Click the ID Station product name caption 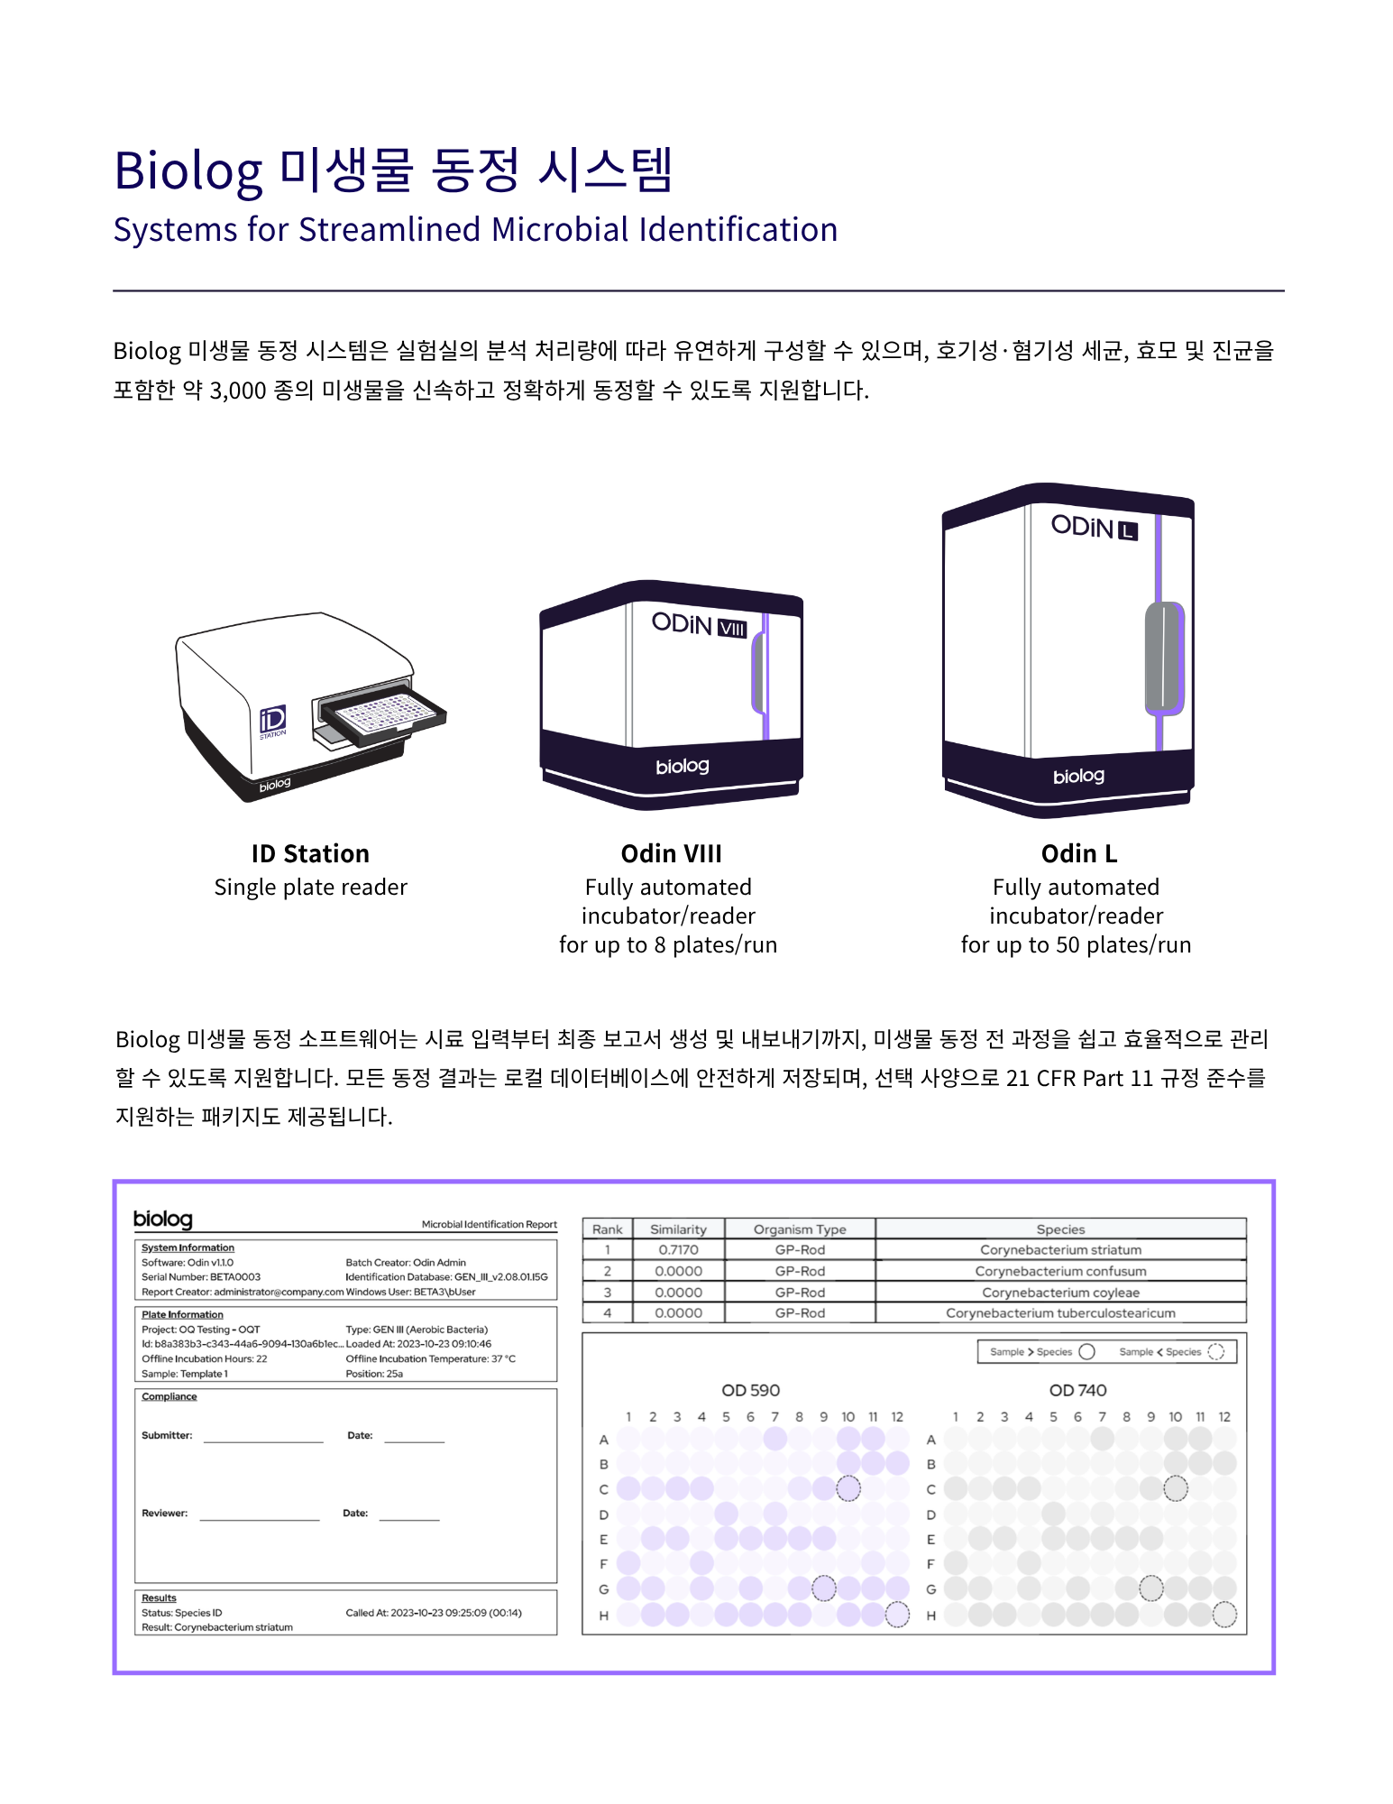pos(310,853)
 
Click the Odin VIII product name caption pos(671,853)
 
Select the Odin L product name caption pos(1078,853)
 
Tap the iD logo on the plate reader pos(272,721)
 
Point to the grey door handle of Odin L pos(1164,658)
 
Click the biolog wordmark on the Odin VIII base pos(683,767)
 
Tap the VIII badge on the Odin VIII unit pos(732,628)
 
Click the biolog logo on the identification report pos(163,1220)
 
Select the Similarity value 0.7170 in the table pos(678,1250)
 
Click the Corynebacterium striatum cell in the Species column pos(1060,1250)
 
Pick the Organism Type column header pos(800,1229)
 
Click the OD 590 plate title pos(750,1390)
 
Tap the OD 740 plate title pos(1077,1390)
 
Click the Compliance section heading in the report pos(169,1396)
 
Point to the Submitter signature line pos(263,1442)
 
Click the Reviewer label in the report pos(164,1513)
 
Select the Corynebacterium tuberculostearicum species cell pos(1060,1313)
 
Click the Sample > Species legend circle pos(1086,1351)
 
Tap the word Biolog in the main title pos(188,171)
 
